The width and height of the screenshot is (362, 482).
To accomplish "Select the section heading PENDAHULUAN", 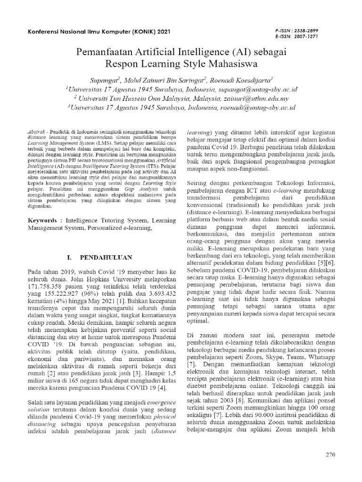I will pos(101,258).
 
